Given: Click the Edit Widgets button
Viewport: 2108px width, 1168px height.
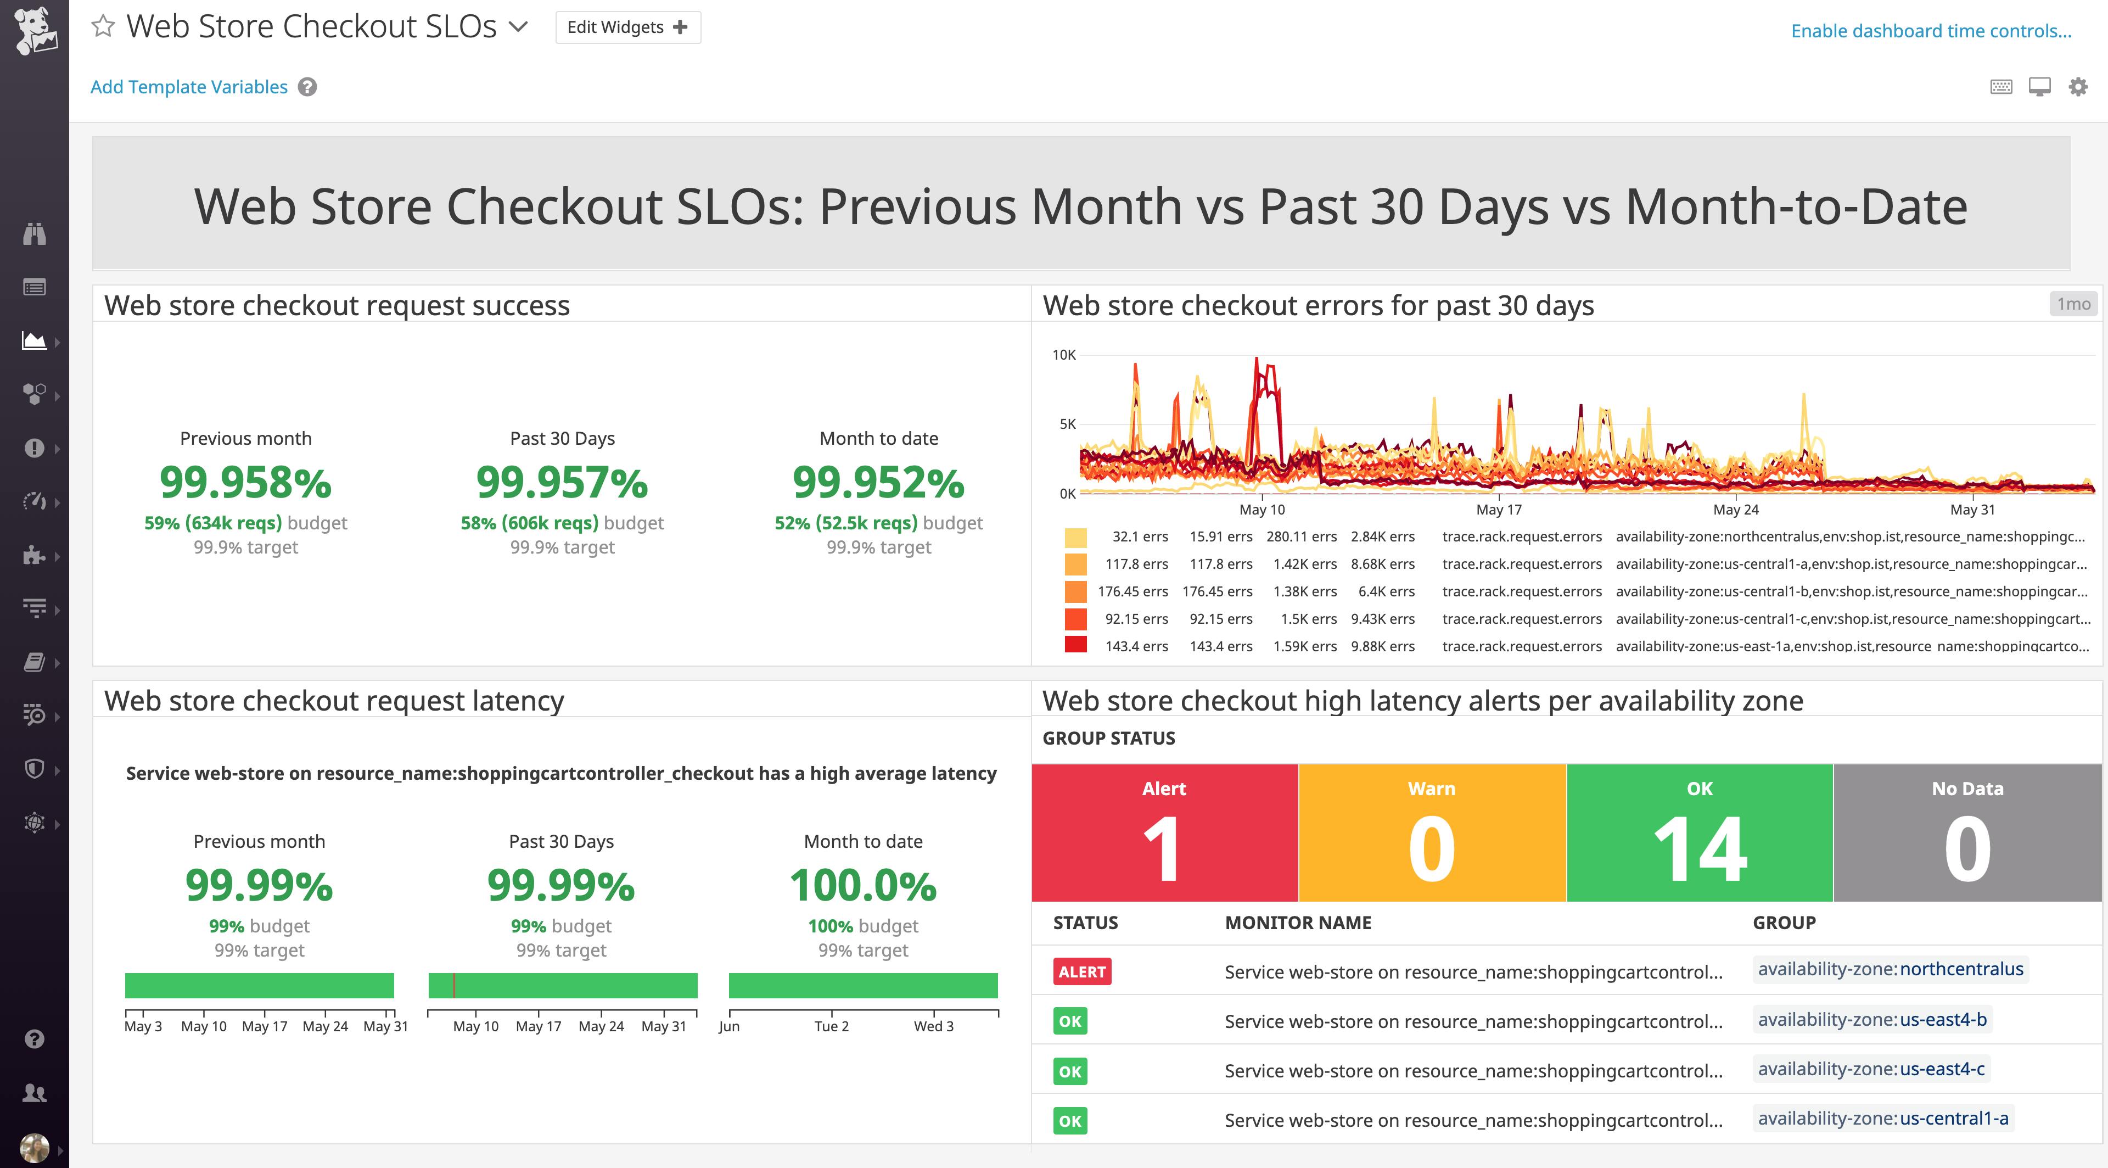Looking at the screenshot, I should coord(627,27).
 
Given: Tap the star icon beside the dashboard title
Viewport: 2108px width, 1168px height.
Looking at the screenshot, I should coord(102,26).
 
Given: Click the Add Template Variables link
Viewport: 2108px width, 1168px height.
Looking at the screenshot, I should coord(189,87).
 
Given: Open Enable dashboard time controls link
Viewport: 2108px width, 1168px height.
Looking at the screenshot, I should coord(1931,31).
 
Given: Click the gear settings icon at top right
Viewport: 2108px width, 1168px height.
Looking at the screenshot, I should coord(2078,87).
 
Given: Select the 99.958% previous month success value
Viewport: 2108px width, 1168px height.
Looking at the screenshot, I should coord(245,482).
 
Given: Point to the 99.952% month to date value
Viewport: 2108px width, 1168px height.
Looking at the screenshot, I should coord(878,482).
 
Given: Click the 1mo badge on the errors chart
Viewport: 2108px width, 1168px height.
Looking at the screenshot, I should coord(2073,304).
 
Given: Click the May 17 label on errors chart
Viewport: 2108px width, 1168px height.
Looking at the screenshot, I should coord(1498,509).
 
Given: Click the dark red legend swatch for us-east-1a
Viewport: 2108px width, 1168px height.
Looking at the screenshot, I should coord(1075,645).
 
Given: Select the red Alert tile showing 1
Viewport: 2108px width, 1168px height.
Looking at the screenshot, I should coord(1164,832).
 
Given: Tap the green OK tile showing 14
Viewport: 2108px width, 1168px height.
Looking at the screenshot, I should coord(1699,832).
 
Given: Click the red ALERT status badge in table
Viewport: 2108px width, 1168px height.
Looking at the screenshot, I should coord(1082,971).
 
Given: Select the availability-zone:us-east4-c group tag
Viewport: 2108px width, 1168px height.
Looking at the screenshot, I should coord(1871,1069).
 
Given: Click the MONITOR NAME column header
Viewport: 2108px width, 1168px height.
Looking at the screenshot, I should coord(1297,923).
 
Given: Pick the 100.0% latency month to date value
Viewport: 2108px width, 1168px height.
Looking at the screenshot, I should coord(862,886).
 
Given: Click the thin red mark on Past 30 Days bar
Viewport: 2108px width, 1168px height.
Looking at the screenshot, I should coord(453,986).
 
